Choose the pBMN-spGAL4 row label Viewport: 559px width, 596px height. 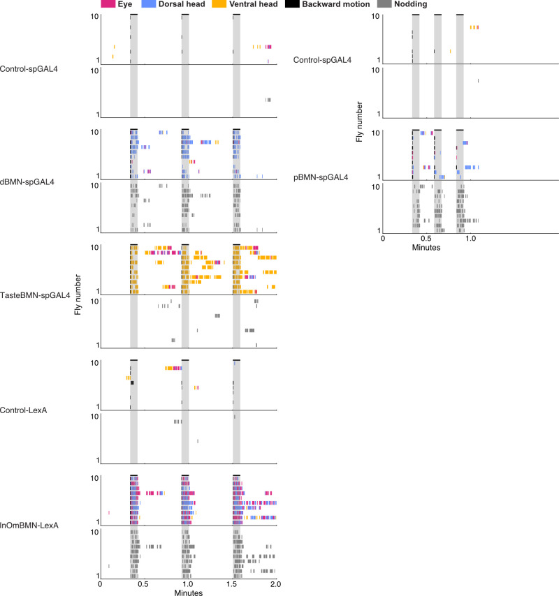click(x=318, y=181)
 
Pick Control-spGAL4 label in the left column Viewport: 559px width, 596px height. click(x=30, y=68)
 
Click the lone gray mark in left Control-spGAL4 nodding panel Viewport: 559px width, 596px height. click(x=268, y=100)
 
